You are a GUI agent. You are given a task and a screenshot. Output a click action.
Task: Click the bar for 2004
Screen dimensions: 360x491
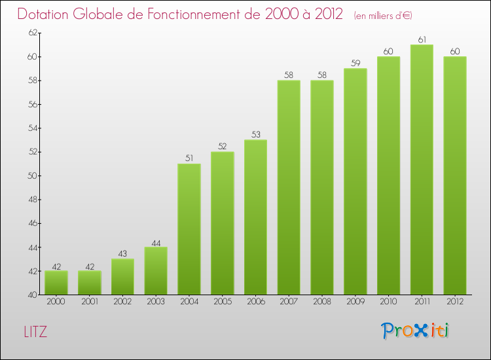coord(189,229)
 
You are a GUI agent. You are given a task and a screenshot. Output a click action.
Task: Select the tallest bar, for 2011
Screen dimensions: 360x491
coord(422,170)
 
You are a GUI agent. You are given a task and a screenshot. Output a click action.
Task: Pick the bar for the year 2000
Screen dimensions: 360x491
coord(56,283)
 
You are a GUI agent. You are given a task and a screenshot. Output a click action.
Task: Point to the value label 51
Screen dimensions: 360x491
coord(189,158)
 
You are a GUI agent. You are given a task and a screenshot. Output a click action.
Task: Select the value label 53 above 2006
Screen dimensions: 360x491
coord(255,134)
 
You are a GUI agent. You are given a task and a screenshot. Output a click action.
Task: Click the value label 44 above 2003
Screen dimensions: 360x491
coord(156,242)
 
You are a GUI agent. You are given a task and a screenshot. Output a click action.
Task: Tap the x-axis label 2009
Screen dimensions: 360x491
coord(355,302)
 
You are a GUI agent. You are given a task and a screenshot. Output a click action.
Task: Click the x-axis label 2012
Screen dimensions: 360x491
coord(455,302)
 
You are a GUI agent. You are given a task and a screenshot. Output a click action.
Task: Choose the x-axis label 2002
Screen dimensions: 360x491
coord(122,302)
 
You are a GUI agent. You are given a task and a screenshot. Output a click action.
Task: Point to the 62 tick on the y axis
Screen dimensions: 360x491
coord(31,33)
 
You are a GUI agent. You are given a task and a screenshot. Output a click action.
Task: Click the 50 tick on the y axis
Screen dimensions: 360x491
coord(31,175)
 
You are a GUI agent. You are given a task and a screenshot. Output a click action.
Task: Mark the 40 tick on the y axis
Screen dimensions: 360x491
coord(31,295)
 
